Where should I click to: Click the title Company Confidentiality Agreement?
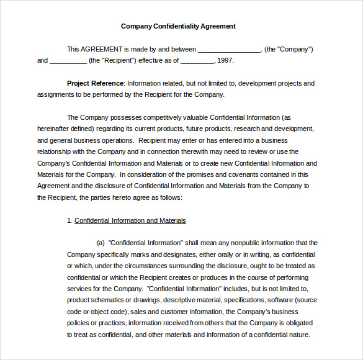[x=178, y=26]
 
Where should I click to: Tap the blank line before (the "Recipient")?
[x=68, y=61]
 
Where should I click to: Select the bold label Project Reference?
[x=96, y=83]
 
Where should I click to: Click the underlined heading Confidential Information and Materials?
[x=130, y=220]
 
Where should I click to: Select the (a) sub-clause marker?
[x=101, y=243]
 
